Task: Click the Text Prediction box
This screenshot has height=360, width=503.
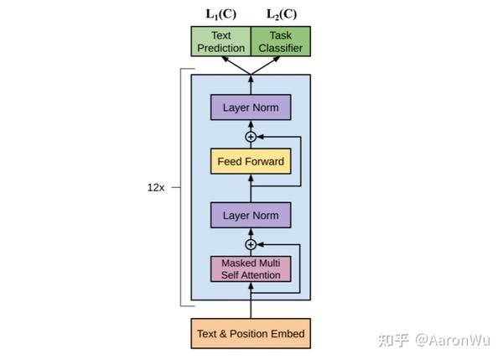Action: click(220, 42)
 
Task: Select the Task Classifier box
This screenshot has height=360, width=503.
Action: click(280, 42)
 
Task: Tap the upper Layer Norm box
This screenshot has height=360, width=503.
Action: click(251, 108)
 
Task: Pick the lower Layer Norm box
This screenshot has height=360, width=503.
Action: click(251, 215)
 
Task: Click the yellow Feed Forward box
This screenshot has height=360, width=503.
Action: click(251, 160)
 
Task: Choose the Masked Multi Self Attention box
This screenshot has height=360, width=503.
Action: click(251, 269)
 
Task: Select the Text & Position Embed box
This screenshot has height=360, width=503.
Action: click(251, 334)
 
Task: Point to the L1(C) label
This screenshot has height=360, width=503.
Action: click(220, 13)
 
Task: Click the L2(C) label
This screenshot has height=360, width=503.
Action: click(281, 13)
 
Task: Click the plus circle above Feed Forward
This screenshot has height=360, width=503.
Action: click(250, 136)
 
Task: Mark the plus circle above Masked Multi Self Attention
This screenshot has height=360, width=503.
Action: click(250, 244)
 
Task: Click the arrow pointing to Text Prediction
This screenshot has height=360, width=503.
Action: click(236, 65)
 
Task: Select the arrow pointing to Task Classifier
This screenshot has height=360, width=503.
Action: click(266, 65)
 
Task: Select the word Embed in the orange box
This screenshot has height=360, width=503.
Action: click(287, 334)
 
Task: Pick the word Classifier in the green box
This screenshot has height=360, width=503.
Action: click(280, 48)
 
